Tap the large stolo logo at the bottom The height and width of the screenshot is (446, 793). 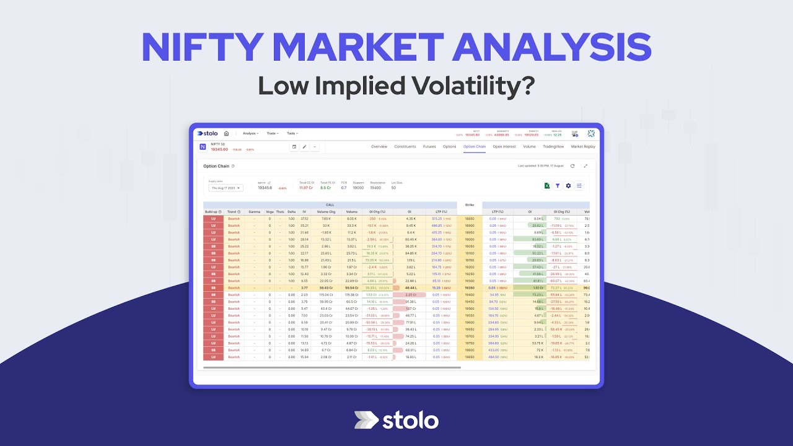396,421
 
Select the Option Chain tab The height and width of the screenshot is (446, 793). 475,147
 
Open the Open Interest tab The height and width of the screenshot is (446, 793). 504,147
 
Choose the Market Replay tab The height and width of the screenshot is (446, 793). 583,147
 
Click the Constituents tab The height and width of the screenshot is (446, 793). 405,147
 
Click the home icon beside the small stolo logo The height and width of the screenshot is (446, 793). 226,133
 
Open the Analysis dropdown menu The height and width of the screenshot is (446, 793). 251,133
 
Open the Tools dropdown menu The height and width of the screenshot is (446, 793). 292,133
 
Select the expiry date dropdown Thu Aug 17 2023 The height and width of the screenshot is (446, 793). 226,188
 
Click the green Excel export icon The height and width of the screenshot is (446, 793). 547,185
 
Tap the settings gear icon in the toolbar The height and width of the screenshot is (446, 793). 568,185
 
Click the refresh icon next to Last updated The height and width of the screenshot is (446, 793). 572,166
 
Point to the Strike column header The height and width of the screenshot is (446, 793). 469,204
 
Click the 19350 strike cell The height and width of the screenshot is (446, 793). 469,288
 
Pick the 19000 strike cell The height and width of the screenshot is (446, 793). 469,239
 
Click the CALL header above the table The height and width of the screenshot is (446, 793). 330,204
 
